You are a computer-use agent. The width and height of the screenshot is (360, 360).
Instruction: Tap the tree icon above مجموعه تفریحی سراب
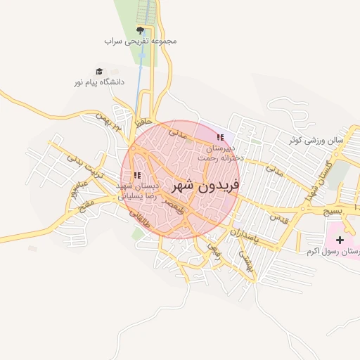pos(140,30)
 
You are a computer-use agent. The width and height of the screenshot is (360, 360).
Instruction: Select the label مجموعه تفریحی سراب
pos(141,41)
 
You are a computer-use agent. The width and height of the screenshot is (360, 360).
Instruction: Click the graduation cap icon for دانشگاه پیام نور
pos(99,71)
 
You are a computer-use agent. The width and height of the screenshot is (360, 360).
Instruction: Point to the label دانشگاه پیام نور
pos(99,82)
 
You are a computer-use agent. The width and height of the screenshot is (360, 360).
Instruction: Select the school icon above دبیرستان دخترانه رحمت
pos(220,138)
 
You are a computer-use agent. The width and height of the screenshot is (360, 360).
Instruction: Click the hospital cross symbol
pos(340,240)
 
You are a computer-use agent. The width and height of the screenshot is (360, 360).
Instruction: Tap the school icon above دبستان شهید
pos(138,175)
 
